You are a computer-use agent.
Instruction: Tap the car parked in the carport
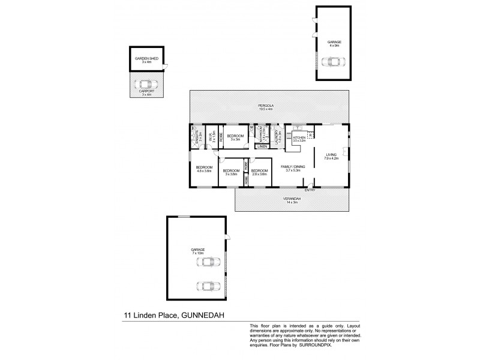(x=144, y=84)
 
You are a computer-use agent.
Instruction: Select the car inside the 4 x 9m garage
(x=332, y=61)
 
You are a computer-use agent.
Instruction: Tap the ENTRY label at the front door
(x=310, y=190)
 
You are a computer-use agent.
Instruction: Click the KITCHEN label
(x=299, y=137)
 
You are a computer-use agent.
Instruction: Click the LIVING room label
(x=332, y=155)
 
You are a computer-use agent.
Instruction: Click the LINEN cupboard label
(x=262, y=146)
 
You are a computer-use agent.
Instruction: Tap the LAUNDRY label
(x=277, y=136)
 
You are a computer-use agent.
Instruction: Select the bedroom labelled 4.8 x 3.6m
(x=204, y=168)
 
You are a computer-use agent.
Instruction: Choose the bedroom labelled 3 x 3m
(x=235, y=137)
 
